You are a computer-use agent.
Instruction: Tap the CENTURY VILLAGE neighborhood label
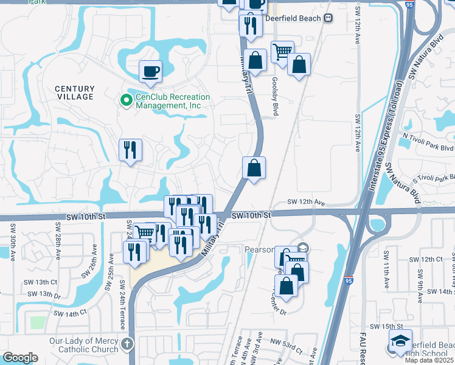click(x=75, y=93)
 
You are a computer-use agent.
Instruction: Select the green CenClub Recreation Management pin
click(x=127, y=100)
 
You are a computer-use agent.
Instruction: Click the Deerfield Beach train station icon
click(x=328, y=18)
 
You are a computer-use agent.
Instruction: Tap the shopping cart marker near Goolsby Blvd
click(x=282, y=53)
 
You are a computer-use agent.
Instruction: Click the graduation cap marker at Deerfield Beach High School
click(x=400, y=341)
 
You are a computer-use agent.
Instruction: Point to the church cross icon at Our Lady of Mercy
click(x=127, y=345)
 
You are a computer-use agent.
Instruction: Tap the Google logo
click(x=20, y=358)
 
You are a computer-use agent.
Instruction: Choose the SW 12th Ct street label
click(x=426, y=259)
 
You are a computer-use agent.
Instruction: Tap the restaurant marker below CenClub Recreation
click(x=130, y=150)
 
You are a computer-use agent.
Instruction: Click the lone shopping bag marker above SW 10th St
click(x=254, y=168)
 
